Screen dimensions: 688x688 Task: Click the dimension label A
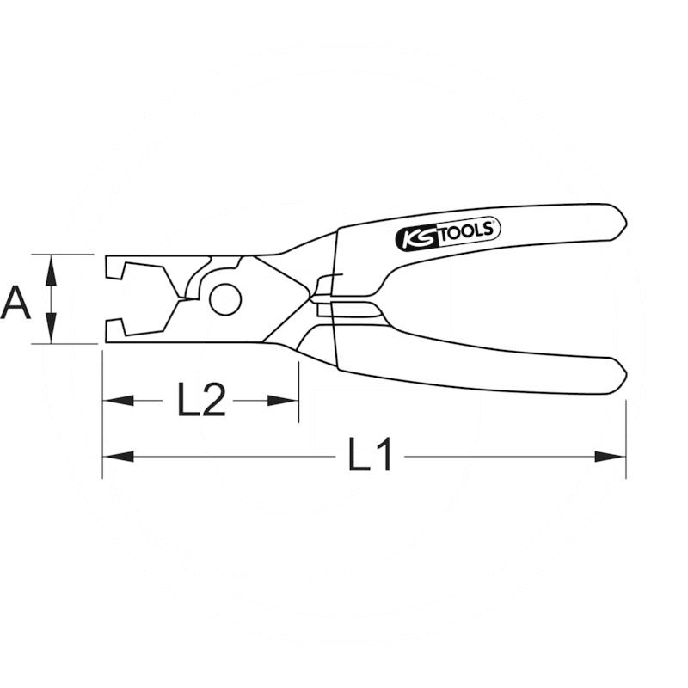[15, 303]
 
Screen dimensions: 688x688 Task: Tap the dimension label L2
[201, 399]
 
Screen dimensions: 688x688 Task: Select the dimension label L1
[369, 455]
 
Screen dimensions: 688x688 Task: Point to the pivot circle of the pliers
[225, 299]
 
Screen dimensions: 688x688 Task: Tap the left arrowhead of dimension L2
[118, 400]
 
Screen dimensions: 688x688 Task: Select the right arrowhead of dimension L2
[283, 400]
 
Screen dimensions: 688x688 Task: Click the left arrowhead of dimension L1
[118, 457]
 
